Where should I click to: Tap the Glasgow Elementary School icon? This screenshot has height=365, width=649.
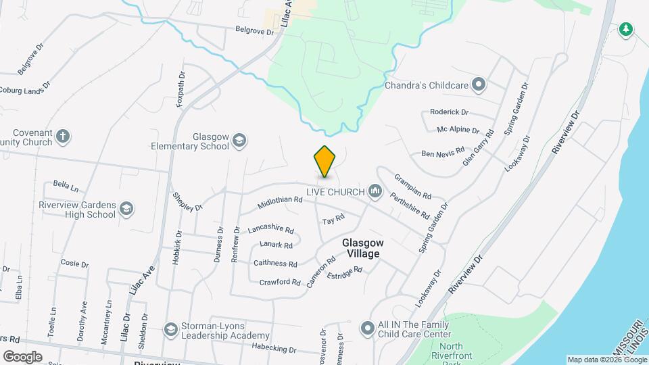[239, 141]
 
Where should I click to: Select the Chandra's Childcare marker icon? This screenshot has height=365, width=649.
[479, 84]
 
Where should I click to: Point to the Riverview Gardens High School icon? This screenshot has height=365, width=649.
[126, 209]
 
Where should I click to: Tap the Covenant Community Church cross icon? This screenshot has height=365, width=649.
[63, 137]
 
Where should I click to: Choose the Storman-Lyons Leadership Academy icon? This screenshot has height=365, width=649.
[170, 328]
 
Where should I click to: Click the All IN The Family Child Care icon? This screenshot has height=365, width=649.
[367, 328]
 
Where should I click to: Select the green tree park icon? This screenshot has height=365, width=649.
[626, 29]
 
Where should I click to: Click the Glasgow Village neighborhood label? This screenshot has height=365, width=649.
[362, 248]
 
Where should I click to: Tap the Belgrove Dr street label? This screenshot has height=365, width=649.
[254, 31]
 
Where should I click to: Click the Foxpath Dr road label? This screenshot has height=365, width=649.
[181, 90]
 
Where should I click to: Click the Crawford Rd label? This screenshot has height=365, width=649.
[280, 282]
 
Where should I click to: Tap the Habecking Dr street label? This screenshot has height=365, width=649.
[274, 349]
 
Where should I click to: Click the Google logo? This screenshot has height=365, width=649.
[22, 356]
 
